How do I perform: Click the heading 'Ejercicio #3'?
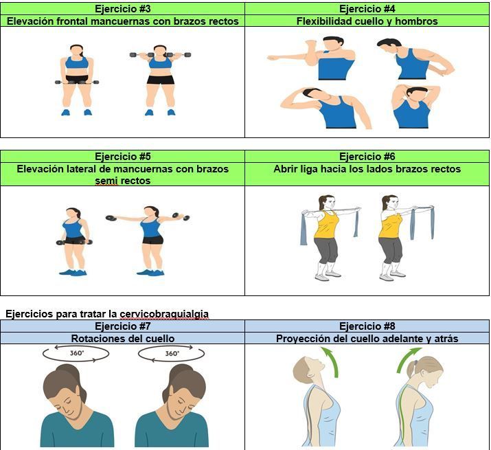(122, 9)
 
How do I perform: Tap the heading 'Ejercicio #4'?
(367, 9)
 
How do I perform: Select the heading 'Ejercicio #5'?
(122, 157)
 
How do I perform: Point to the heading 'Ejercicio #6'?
(367, 157)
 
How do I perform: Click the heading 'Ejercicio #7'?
(122, 326)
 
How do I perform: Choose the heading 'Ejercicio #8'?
(367, 326)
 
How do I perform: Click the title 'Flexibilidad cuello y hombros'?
(367, 21)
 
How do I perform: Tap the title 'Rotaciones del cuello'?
(123, 339)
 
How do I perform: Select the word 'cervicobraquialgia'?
(164, 314)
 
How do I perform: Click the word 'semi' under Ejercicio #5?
(106, 181)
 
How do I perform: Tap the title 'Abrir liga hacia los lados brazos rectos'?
(367, 169)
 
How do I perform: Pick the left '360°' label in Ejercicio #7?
(77, 353)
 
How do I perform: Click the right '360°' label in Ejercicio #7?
(172, 354)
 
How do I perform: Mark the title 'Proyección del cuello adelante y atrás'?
(367, 339)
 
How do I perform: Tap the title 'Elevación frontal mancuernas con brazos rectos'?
(123, 21)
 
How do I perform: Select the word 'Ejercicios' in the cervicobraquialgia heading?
(29, 314)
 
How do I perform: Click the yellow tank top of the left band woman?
(326, 225)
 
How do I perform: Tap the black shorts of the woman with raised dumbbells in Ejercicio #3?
(161, 80)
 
